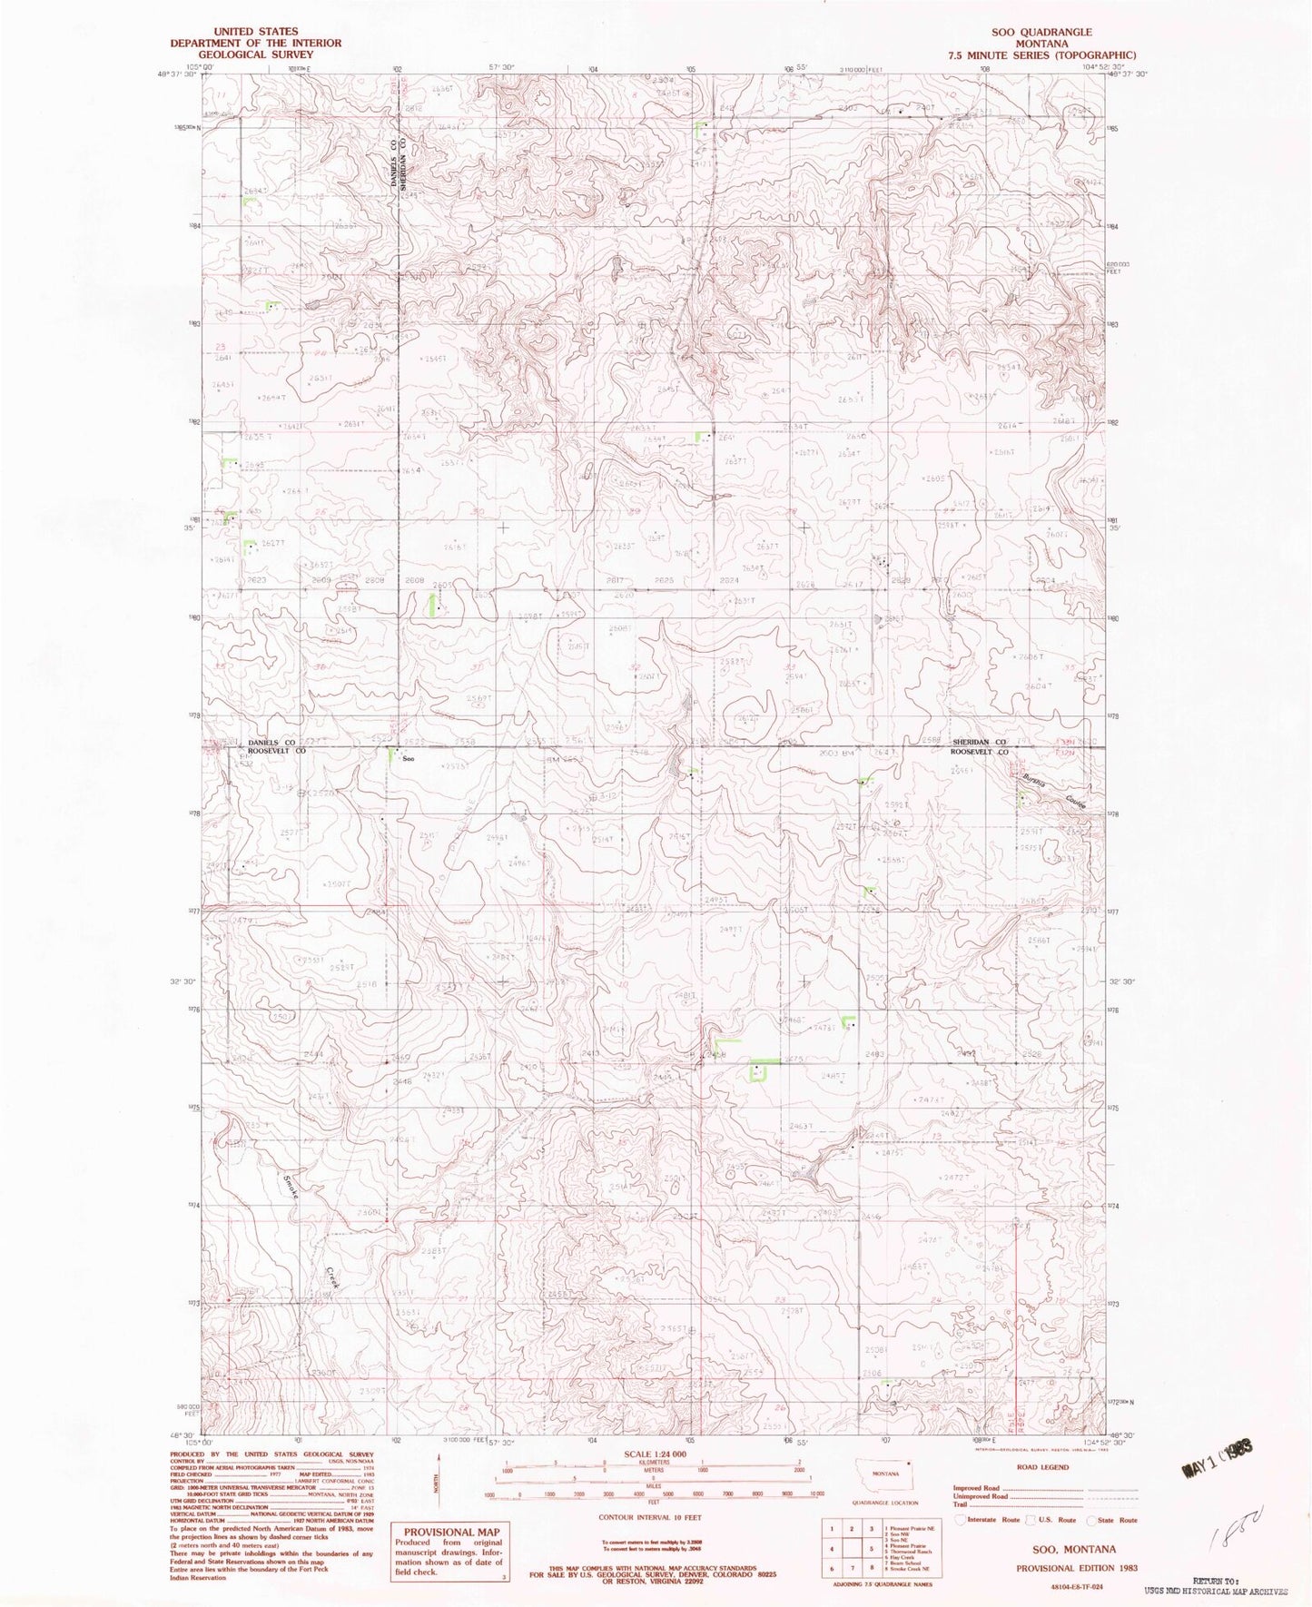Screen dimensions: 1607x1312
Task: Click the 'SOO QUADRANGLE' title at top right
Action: point(1041,32)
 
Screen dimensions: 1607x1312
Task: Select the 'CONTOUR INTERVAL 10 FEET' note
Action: point(646,1517)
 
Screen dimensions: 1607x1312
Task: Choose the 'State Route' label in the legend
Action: point(1118,1520)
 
